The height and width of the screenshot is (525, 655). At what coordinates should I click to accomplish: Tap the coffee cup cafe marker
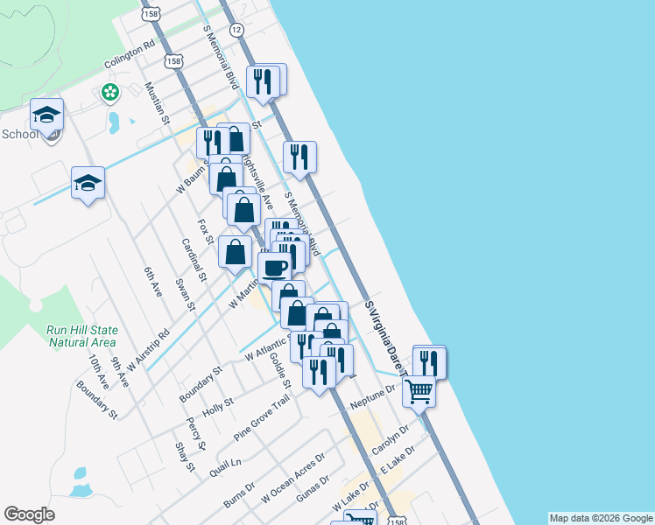pyautogui.click(x=274, y=267)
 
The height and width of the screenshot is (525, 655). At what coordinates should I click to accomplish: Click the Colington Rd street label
pyautogui.click(x=130, y=53)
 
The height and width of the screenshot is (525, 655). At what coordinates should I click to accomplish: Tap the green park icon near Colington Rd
pyautogui.click(x=109, y=92)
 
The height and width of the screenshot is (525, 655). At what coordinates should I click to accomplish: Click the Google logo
pyautogui.click(x=30, y=514)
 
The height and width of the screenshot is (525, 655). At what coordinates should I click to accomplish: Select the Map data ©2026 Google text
pyautogui.click(x=601, y=518)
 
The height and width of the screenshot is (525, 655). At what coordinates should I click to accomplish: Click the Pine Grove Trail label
pyautogui.click(x=261, y=417)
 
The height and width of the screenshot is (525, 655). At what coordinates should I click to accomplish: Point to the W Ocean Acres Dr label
pyautogui.click(x=293, y=479)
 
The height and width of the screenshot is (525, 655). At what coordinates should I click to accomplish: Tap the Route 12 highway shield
pyautogui.click(x=236, y=30)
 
